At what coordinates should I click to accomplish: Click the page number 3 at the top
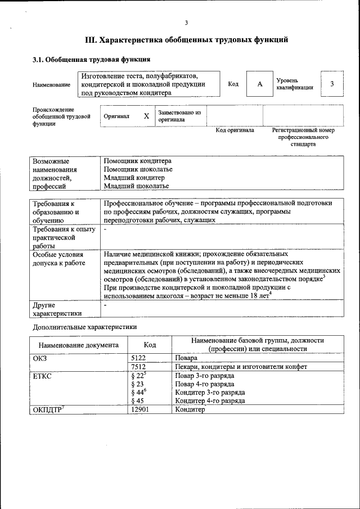tap(186, 22)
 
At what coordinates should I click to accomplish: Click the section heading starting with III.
tap(186, 40)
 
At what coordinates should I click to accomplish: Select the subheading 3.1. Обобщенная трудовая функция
tap(91, 59)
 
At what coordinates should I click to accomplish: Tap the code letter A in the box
tap(260, 84)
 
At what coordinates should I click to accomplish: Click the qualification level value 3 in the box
tap(332, 84)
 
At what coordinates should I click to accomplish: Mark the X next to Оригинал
tap(146, 116)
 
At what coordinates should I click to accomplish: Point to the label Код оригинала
tap(235, 130)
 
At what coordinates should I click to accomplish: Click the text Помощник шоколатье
tap(138, 169)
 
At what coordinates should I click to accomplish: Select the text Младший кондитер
tap(134, 178)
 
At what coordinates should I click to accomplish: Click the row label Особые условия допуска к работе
tap(58, 259)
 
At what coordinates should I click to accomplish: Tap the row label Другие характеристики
tap(57, 309)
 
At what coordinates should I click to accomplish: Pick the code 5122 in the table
tap(138, 358)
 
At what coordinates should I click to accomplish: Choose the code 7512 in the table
tap(138, 367)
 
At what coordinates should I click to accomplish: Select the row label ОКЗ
tap(40, 358)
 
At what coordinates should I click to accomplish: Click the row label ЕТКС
tap(42, 376)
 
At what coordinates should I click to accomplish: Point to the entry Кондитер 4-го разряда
tap(210, 401)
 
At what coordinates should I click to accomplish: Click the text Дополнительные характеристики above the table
tap(84, 327)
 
